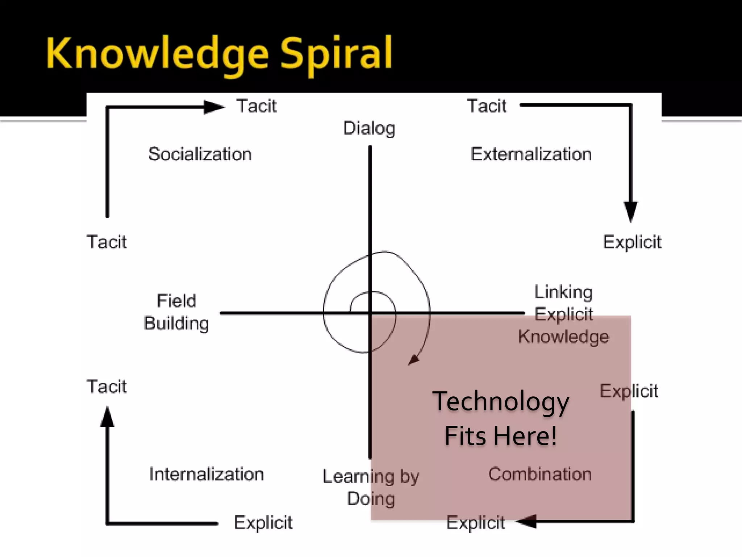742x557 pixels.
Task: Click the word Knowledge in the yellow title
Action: tap(157, 54)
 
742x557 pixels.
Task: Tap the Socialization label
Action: tap(200, 154)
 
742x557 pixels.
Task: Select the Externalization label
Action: tap(531, 154)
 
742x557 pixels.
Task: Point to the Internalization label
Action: tap(207, 474)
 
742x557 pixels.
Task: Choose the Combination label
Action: tap(540, 474)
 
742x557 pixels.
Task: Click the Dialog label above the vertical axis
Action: tap(369, 128)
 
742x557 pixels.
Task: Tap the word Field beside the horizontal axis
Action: tap(176, 301)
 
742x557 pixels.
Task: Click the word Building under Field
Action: tap(176, 323)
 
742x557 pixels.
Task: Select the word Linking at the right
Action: tap(564, 292)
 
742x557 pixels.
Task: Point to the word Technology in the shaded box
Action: tap(501, 402)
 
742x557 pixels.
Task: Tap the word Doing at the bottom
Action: tap(371, 499)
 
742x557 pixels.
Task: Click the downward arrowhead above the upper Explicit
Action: tap(631, 211)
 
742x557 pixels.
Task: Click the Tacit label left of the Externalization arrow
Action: tap(487, 106)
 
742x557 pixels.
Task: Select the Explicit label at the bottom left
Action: tap(263, 523)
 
